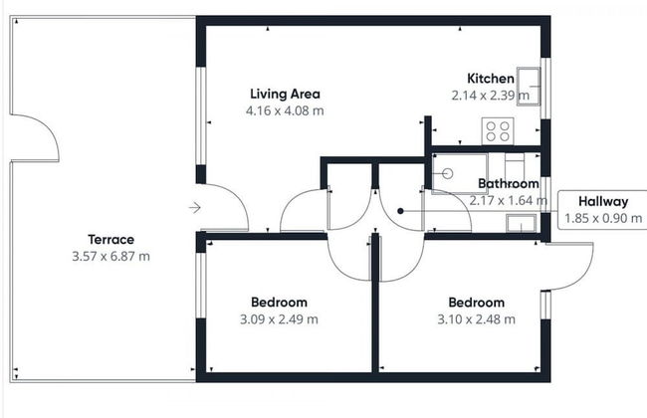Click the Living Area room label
click(285, 94)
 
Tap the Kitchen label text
click(491, 78)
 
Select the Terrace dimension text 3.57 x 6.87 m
click(111, 256)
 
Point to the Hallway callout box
click(602, 210)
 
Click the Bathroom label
click(509, 183)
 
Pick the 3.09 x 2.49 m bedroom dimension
click(279, 318)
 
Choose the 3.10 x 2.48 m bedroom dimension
click(477, 318)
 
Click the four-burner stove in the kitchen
click(498, 130)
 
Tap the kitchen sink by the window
click(529, 87)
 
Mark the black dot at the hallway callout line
click(400, 211)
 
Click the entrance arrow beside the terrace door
click(195, 208)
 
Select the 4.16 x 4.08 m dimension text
click(285, 110)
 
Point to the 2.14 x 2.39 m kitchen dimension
click(490, 96)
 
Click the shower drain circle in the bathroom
click(448, 174)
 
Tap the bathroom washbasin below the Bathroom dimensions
click(522, 223)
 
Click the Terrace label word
click(111, 239)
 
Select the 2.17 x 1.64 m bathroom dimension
click(509, 201)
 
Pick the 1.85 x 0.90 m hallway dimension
click(603, 218)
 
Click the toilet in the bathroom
click(515, 166)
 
